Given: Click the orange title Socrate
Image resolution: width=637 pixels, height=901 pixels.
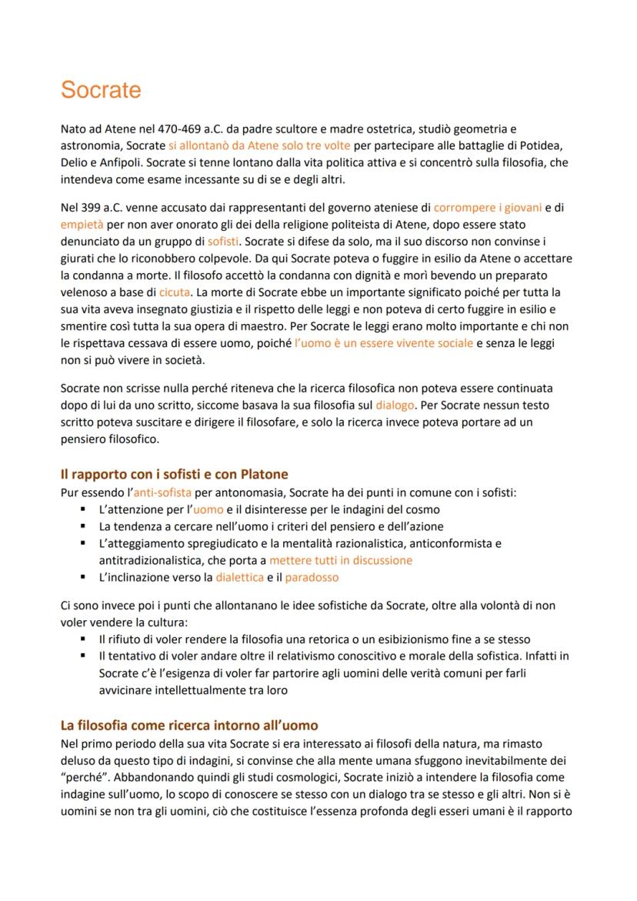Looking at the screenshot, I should click(x=101, y=90).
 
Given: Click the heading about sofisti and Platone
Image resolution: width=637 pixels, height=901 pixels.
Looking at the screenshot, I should click(x=174, y=474).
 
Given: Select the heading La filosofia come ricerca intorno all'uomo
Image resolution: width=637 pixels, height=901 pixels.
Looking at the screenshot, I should click(x=188, y=725).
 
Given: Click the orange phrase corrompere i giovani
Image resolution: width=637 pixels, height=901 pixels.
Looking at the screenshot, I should click(x=488, y=207).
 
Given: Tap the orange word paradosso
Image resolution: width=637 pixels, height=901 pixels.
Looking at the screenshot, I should click(x=312, y=576).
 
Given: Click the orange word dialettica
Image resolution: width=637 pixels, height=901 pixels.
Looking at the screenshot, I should click(x=239, y=576).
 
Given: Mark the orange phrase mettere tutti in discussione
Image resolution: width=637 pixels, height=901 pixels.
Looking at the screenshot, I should click(x=341, y=560).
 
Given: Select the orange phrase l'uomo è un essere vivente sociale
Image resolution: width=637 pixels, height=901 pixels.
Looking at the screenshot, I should click(x=384, y=342).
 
